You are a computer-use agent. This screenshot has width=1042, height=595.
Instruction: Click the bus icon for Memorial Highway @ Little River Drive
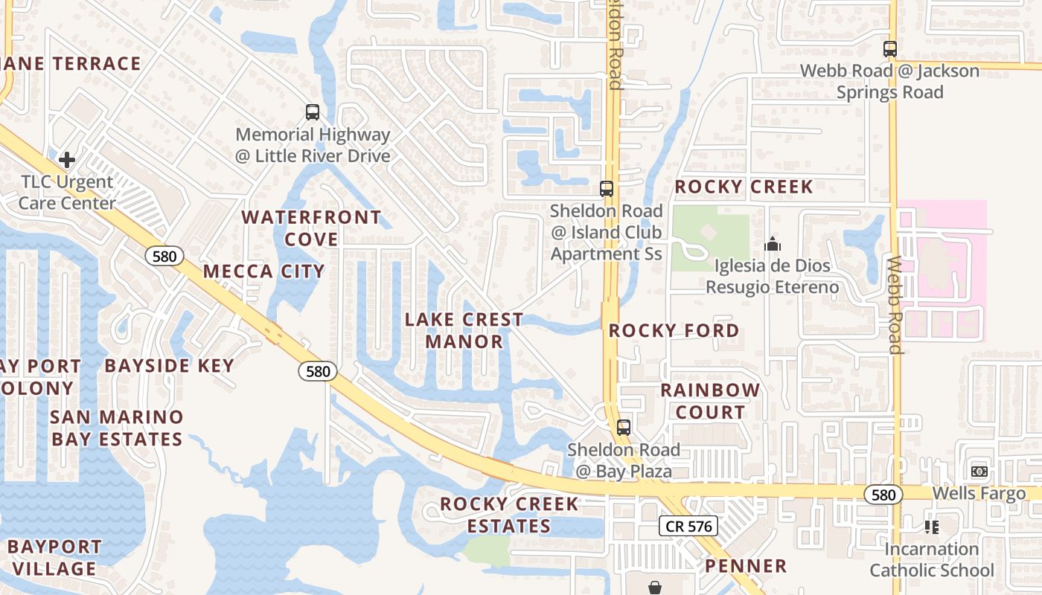pyautogui.click(x=313, y=113)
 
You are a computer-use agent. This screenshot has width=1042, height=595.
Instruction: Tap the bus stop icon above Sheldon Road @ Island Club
pyautogui.click(x=607, y=189)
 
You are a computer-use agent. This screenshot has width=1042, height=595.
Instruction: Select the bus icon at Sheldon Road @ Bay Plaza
pyautogui.click(x=624, y=428)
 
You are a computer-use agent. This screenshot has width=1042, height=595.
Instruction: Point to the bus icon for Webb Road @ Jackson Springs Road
pyautogui.click(x=889, y=49)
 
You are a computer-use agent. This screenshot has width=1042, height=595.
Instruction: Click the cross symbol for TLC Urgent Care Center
pyautogui.click(x=67, y=159)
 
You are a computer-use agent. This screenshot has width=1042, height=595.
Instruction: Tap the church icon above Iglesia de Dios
pyautogui.click(x=773, y=244)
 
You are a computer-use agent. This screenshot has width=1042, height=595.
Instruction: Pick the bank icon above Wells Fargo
pyautogui.click(x=979, y=472)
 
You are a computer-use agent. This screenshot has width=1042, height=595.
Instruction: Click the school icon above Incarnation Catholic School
pyautogui.click(x=931, y=527)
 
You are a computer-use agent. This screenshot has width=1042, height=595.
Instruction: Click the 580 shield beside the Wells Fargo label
pyautogui.click(x=883, y=494)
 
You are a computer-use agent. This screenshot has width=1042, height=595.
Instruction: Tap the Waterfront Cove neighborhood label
pyautogui.click(x=311, y=228)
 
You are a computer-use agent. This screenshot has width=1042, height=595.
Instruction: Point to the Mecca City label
pyautogui.click(x=263, y=271)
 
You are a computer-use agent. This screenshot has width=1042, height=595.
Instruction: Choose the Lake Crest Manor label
pyautogui.click(x=464, y=330)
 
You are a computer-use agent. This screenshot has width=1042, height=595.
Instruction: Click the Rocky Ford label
pyautogui.click(x=674, y=330)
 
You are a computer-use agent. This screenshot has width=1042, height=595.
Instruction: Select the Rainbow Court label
pyautogui.click(x=710, y=401)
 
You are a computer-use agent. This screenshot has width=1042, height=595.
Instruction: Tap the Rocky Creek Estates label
pyautogui.click(x=509, y=515)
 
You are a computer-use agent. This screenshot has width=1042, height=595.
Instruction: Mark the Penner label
pyautogui.click(x=746, y=566)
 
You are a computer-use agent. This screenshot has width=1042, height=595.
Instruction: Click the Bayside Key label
pyautogui.click(x=170, y=365)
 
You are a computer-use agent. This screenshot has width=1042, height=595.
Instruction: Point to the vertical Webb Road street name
pyautogui.click(x=895, y=305)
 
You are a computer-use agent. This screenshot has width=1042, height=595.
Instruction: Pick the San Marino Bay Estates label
pyautogui.click(x=117, y=428)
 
